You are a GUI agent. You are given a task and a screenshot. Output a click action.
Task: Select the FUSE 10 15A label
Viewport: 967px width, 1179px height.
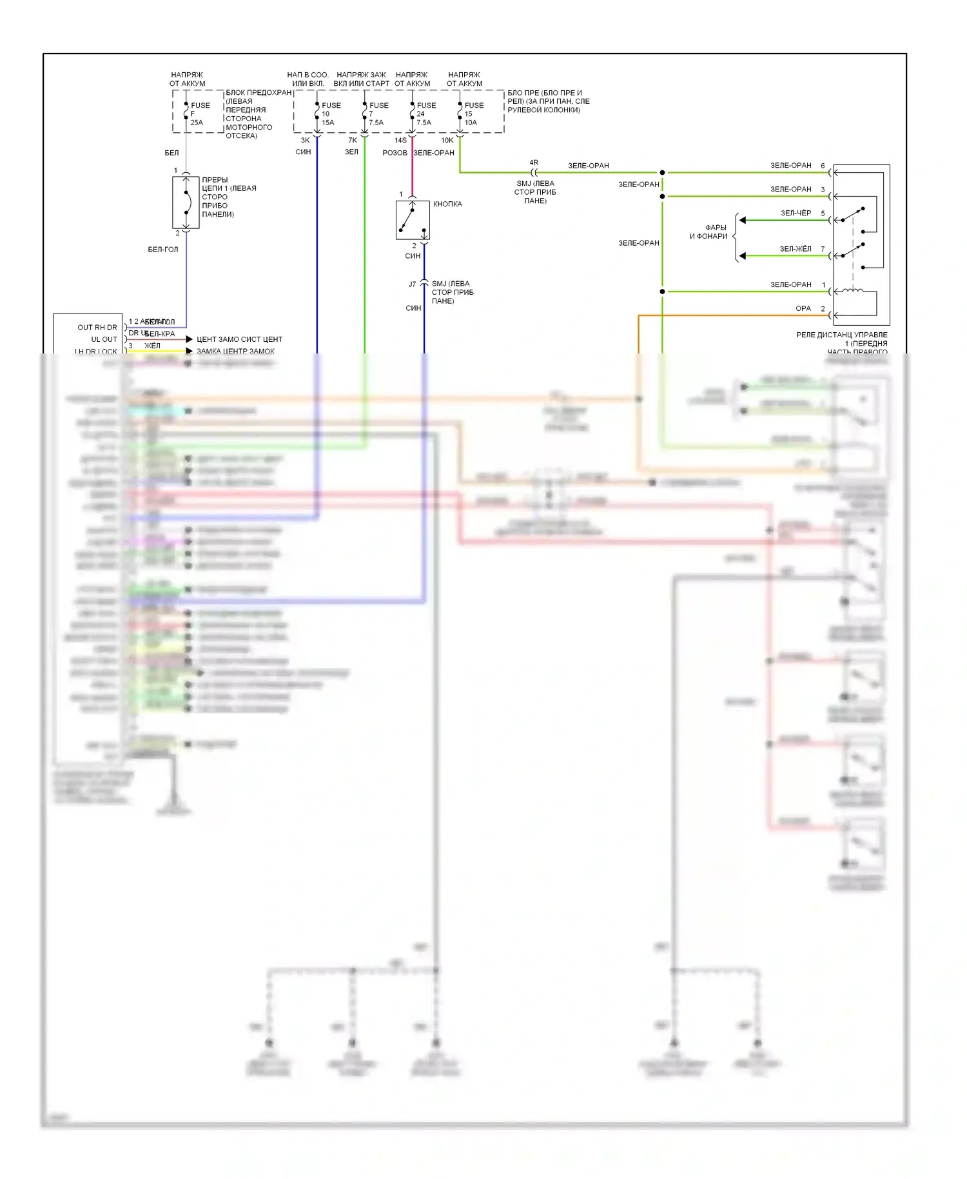(x=330, y=114)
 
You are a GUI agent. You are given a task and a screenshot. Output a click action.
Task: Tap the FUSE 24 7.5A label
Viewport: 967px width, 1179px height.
(x=425, y=114)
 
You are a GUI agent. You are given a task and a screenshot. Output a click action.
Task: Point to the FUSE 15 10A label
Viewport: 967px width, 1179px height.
(x=473, y=114)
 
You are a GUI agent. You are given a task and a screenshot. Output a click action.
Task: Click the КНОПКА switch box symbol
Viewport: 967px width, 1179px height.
(x=413, y=220)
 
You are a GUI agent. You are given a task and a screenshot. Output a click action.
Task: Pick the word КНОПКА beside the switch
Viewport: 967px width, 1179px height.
(x=447, y=204)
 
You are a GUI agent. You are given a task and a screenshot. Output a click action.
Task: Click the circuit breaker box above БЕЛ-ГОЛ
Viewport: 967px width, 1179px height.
(x=186, y=203)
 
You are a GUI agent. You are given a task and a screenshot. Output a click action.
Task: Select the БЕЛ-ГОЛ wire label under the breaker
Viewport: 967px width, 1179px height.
(x=162, y=250)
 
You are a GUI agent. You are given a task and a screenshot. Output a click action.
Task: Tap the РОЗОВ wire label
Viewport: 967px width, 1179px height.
(x=395, y=153)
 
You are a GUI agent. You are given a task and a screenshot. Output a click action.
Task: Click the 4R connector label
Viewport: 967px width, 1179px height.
(x=534, y=163)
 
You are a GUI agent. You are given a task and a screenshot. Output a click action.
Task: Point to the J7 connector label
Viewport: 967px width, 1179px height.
(x=412, y=284)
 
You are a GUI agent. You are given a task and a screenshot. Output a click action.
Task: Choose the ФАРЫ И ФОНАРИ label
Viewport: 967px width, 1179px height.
(x=708, y=232)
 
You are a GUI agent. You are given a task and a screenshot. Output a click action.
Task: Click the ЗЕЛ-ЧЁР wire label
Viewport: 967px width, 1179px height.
(x=796, y=213)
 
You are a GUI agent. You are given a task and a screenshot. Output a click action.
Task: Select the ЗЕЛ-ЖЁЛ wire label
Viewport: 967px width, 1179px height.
(x=796, y=249)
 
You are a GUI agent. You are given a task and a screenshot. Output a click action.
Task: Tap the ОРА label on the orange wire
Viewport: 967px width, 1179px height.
(x=803, y=308)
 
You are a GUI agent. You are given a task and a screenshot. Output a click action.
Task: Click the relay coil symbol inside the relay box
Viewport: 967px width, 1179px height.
(x=853, y=291)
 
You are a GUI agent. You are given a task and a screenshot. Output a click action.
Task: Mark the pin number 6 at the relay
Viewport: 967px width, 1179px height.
(x=823, y=166)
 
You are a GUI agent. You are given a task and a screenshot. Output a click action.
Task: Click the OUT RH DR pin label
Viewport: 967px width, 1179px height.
(x=97, y=328)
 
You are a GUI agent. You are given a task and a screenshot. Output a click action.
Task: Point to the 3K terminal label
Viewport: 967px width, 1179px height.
(x=305, y=140)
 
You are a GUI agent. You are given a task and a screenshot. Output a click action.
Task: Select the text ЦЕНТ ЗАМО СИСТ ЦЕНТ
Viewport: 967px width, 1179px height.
(x=239, y=339)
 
